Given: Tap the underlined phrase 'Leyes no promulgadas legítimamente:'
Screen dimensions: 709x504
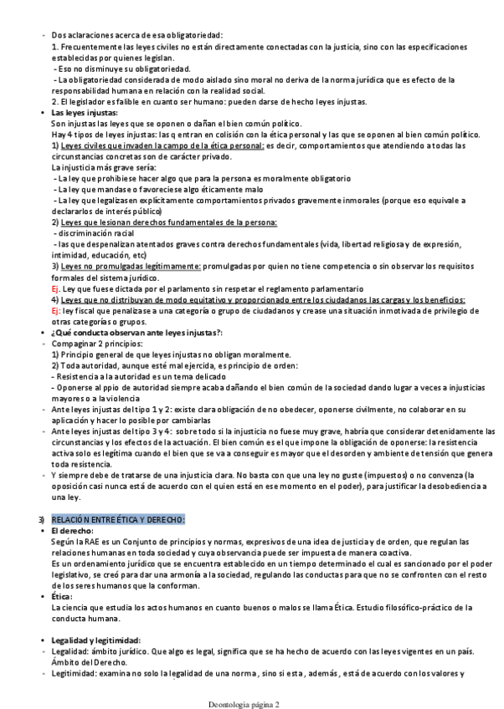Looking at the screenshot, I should coord(131,266).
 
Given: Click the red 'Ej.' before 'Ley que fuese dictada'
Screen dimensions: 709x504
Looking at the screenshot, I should coord(57,288).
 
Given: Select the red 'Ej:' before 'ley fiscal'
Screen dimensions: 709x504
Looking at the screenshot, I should coord(57,310).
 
